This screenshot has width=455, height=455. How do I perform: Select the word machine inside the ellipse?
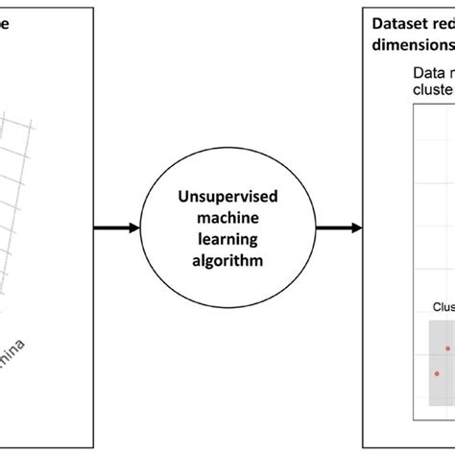tap(227, 218)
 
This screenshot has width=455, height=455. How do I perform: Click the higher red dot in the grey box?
tap(446, 349)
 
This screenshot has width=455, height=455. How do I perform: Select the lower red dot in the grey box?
tap(437, 373)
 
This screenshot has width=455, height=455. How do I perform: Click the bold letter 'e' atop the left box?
tap(5, 26)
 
